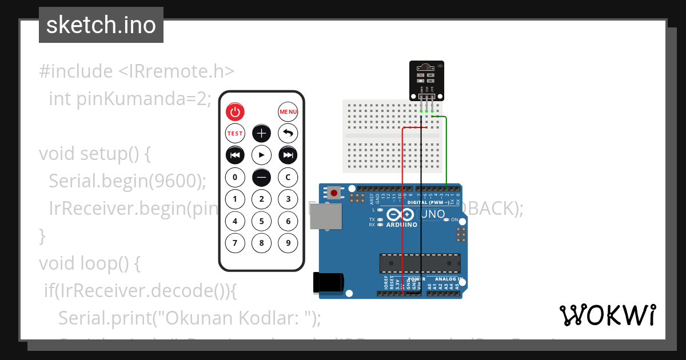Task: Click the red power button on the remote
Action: [x=235, y=111]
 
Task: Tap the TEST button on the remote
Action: [x=235, y=133]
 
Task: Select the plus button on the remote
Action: [x=262, y=133]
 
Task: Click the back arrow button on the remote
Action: [x=288, y=133]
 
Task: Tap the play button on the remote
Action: [x=262, y=155]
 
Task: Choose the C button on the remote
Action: [x=288, y=177]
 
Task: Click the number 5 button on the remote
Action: [x=262, y=221]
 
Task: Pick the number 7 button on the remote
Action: [x=235, y=243]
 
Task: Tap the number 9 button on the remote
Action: [x=288, y=243]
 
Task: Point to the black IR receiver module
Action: [x=427, y=80]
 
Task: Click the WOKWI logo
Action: [x=607, y=315]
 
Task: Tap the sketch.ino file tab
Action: [x=101, y=25]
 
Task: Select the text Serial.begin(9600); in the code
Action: [x=127, y=181]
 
